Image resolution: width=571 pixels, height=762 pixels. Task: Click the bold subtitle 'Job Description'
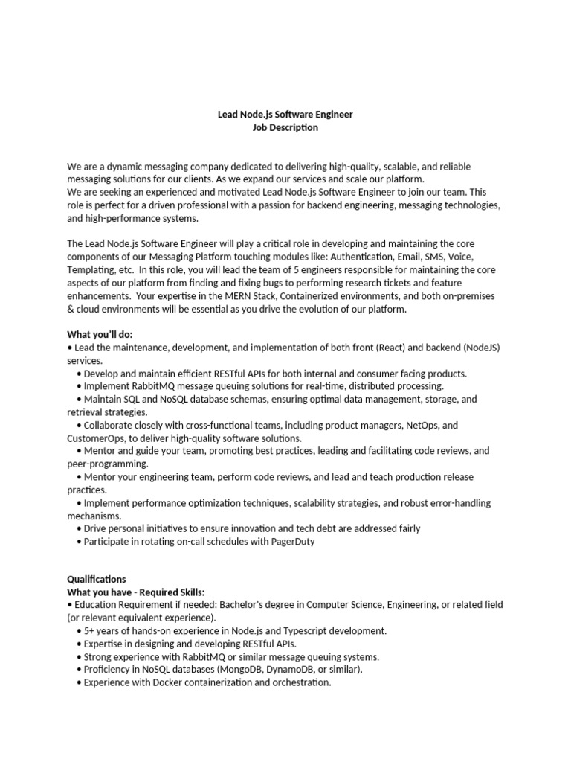pos(285,128)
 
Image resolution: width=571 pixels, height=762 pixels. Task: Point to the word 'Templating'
pos(89,269)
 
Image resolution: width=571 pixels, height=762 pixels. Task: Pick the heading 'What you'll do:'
pos(100,335)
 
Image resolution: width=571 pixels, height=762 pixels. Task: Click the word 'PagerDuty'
pos(294,542)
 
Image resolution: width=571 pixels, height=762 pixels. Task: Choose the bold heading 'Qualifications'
pos(97,579)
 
